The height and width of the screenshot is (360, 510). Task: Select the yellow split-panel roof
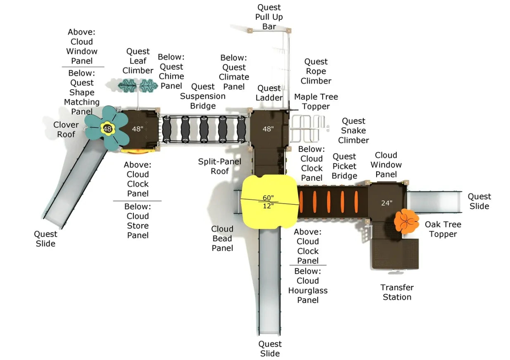click(269, 201)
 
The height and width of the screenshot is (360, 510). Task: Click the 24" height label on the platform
click(387, 203)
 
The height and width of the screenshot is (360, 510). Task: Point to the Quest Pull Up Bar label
click(269, 17)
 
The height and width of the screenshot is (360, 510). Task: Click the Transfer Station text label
click(397, 292)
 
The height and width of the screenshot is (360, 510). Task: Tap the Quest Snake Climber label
click(353, 130)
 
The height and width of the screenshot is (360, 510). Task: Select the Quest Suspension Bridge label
click(203, 96)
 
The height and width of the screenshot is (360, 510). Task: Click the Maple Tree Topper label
click(316, 102)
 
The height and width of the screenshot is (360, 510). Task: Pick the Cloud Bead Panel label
click(222, 238)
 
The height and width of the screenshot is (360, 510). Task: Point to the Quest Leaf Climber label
click(138, 61)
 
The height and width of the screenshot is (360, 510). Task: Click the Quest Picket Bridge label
click(344, 166)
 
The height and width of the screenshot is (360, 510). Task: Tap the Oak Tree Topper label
click(443, 229)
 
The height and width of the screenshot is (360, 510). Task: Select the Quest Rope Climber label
click(316, 71)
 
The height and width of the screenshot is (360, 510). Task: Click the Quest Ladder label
click(269, 93)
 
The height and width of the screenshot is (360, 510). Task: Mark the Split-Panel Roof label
click(220, 166)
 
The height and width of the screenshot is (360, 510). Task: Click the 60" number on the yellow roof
click(268, 197)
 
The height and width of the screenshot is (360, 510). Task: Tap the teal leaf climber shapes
click(138, 85)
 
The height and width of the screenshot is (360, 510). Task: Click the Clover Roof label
click(66, 129)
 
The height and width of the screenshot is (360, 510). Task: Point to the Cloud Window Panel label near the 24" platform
click(386, 165)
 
